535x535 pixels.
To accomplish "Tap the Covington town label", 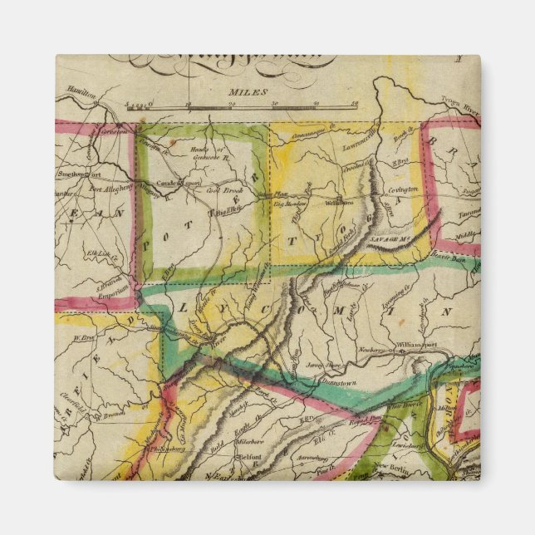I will (403, 189).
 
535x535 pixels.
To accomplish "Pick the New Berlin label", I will (391, 468).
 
